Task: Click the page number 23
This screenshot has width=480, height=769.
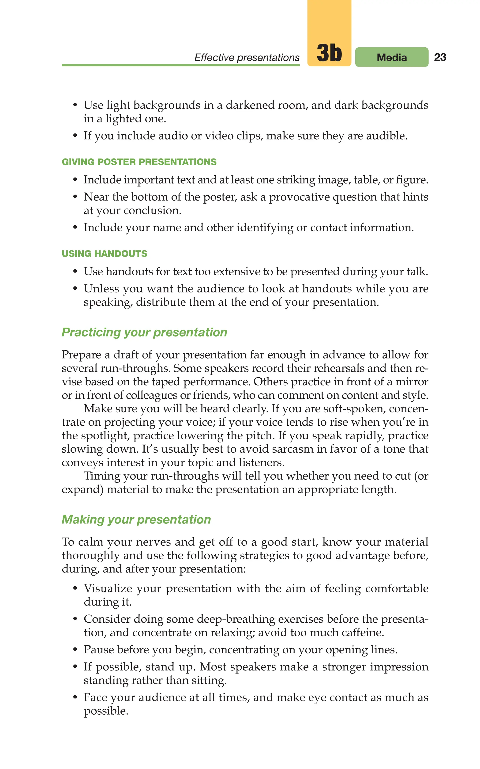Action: (440, 57)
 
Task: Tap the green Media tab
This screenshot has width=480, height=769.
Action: (391, 57)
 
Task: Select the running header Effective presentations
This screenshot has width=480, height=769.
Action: (247, 57)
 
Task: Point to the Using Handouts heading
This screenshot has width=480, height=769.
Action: (105, 254)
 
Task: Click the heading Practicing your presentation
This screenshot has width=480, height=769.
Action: (144, 332)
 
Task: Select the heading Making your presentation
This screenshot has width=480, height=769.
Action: (136, 519)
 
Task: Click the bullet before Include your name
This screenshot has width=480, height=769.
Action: (75, 227)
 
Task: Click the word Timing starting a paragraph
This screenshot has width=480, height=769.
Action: (101, 476)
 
